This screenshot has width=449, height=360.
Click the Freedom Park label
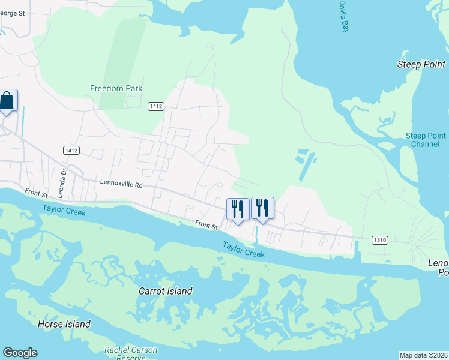[116, 88]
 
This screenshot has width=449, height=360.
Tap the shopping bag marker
[7, 101]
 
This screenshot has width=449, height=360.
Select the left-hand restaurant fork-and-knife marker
[238, 209]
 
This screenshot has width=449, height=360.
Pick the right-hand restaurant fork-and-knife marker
[262, 208]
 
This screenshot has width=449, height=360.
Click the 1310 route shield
[379, 240]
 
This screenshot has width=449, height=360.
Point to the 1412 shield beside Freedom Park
[156, 106]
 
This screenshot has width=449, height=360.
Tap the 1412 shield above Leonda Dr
[71, 149]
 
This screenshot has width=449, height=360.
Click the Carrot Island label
[165, 292]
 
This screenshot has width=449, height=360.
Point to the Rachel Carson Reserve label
[131, 353]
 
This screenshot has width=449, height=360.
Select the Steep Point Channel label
[426, 140]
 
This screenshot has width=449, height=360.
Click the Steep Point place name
[421, 64]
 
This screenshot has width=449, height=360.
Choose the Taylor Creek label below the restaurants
[243, 249]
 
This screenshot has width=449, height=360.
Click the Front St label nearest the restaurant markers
[206, 225]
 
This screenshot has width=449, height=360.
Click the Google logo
[20, 353]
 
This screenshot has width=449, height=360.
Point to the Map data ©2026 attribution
[423, 355]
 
